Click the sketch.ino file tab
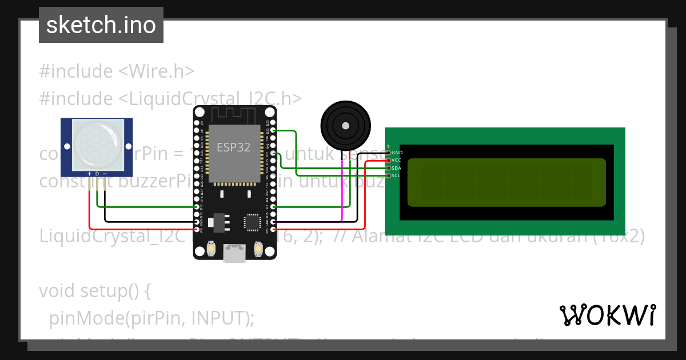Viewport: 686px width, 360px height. pos(101,25)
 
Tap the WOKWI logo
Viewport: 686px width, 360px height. pos(607,315)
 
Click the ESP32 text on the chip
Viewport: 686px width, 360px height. pos(233,147)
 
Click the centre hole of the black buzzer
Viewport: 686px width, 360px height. pos(345,126)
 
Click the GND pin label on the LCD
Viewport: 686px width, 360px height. pos(397,153)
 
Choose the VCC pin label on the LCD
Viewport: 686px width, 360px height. pos(397,161)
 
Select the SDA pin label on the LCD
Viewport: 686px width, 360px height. pos(397,168)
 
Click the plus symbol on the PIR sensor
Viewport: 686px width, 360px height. pos(89,173)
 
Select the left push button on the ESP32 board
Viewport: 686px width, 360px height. pos(212,249)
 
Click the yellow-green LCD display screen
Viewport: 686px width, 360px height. pos(506,182)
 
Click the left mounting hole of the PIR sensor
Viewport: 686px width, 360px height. pos(67,147)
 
